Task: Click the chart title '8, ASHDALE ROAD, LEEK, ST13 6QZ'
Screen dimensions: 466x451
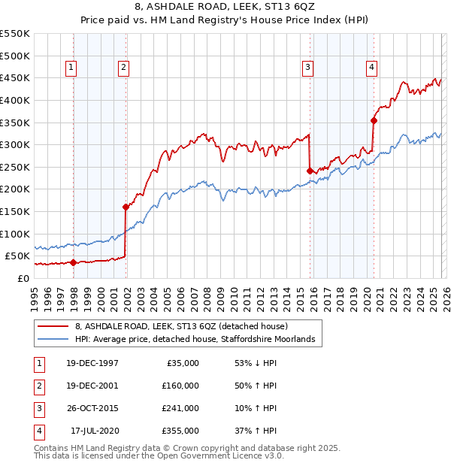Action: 225,8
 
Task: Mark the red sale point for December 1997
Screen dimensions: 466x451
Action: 73,262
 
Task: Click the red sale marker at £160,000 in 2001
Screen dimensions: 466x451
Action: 126,207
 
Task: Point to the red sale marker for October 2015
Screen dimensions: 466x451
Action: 310,171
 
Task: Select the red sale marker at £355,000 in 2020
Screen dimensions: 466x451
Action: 374,120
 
